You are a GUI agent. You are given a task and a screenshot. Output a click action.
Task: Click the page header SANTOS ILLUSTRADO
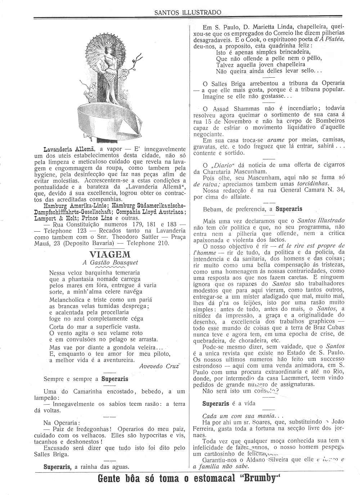pos(188,13)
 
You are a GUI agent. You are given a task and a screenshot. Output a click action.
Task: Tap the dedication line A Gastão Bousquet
pos(110,263)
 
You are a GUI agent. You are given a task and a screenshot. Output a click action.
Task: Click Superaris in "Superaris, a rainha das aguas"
pos(58,467)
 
